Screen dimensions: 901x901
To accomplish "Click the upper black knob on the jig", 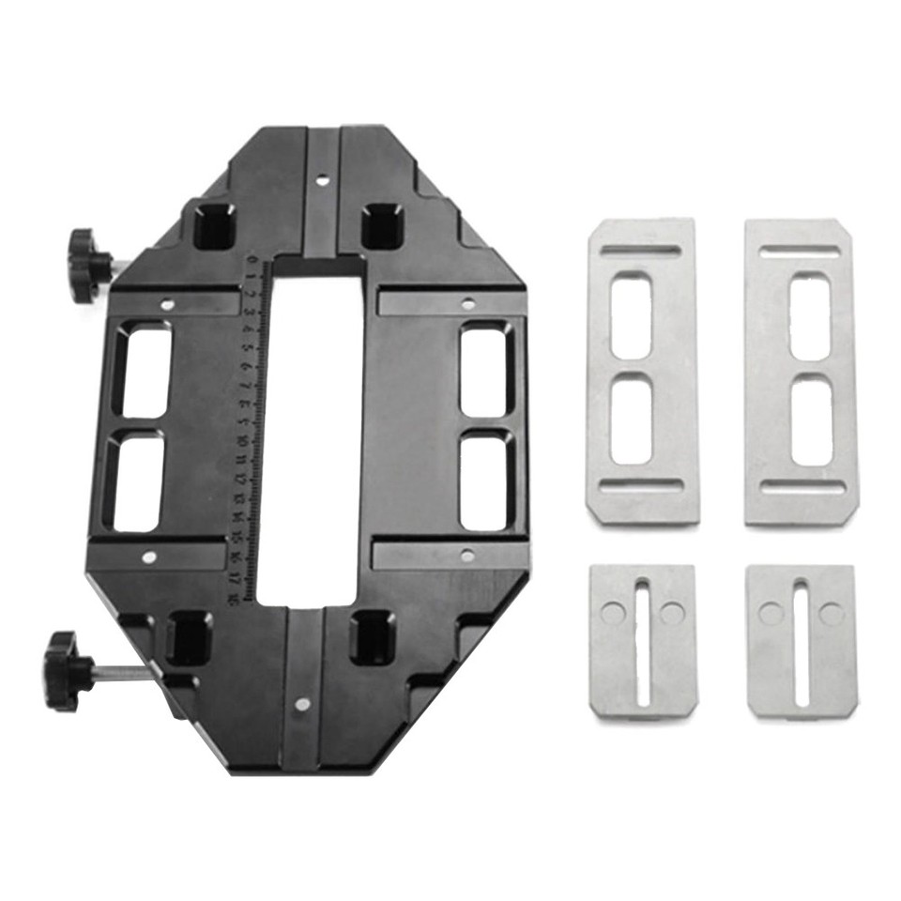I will pos(87,264).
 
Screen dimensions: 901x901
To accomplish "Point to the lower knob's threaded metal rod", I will pos(128,672).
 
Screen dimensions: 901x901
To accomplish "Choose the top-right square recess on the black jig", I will pos(382,226).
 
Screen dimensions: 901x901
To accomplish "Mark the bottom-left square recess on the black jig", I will pos(189,638).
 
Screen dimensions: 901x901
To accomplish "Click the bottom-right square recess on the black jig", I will pos(372,636).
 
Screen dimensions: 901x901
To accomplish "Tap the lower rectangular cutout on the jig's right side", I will pos(486,480).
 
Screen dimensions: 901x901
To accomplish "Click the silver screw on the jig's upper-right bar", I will pos(467,303).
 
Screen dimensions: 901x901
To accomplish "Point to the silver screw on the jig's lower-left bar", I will pos(148,557).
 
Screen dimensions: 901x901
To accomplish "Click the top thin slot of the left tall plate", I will pos(641,251).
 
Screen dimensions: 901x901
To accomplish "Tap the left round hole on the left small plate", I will pos(612,613).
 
